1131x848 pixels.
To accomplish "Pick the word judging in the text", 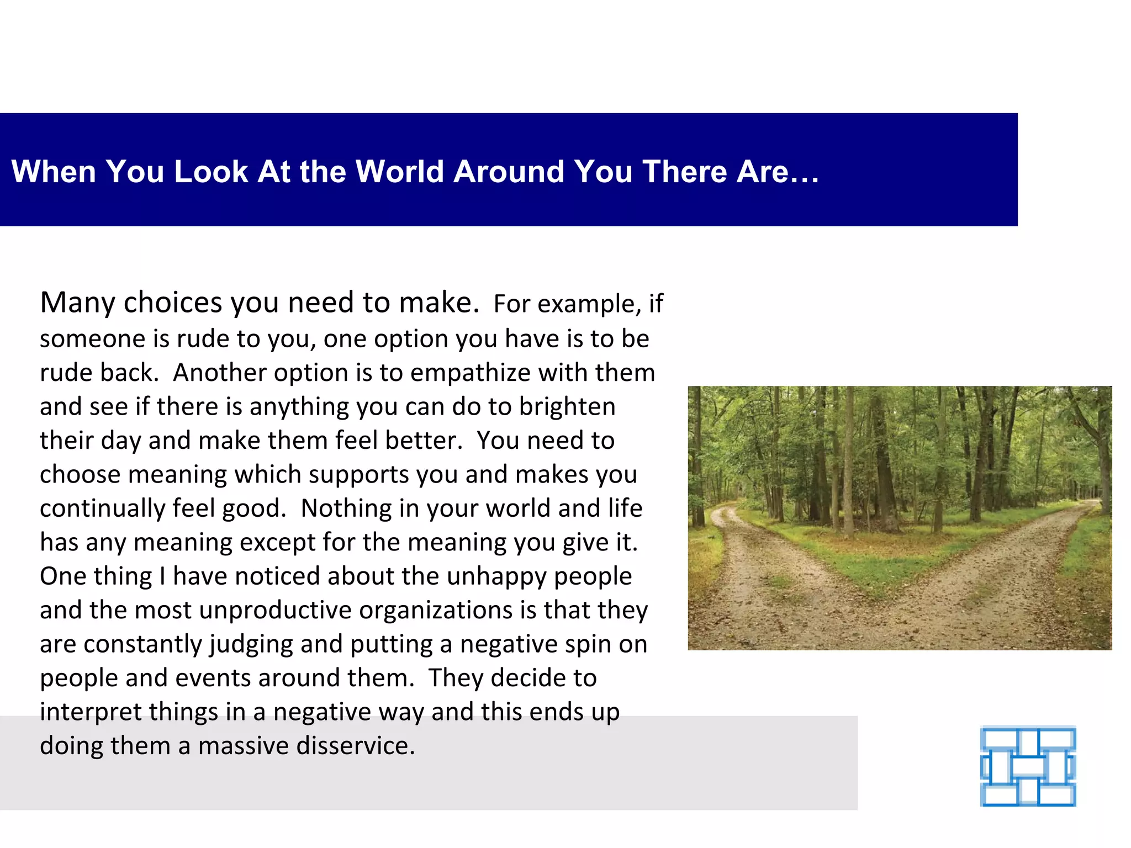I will pos(251,645).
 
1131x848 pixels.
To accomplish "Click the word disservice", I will pos(355,746).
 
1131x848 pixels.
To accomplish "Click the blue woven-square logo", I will pos(1028,766).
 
